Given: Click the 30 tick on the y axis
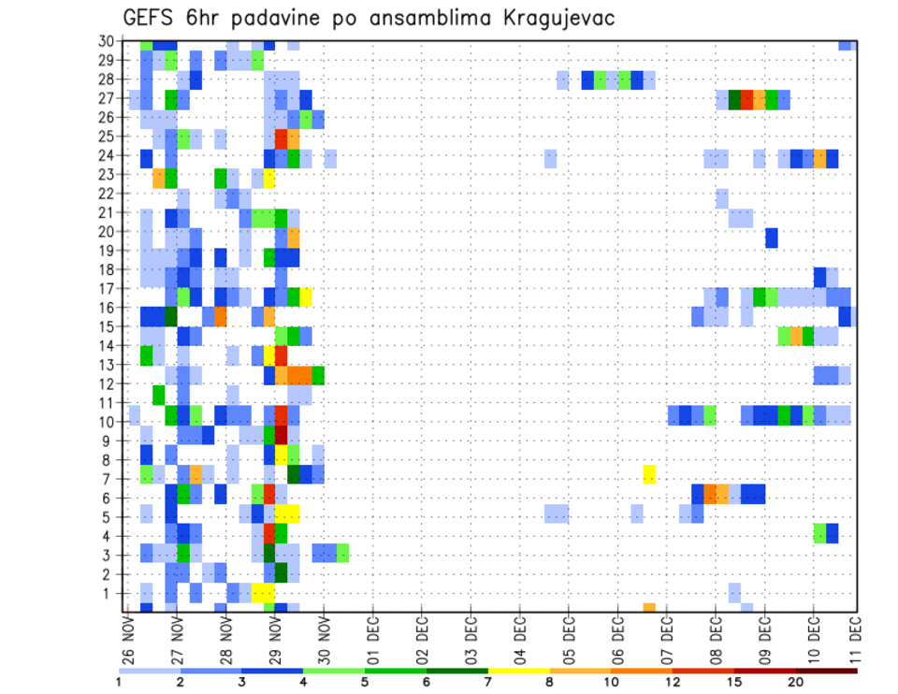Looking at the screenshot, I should (109, 41).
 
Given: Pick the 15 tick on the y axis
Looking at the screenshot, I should (109, 327).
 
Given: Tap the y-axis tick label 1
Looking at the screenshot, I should (112, 593).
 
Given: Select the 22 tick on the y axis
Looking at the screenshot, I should (109, 194).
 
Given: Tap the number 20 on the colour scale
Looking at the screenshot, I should (795, 682).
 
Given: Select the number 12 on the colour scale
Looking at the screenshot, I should (672, 682).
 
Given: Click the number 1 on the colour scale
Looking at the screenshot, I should (119, 682).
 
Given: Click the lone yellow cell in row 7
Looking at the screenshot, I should (649, 474).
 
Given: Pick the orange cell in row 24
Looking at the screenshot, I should (819, 158).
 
